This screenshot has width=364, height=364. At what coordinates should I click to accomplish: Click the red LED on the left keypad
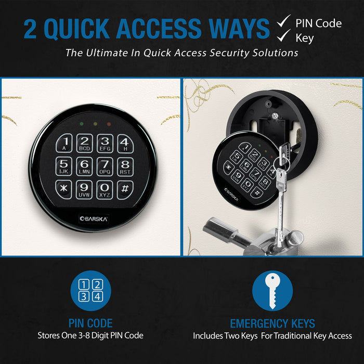pos(108,125)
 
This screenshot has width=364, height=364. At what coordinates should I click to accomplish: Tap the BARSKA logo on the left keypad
pos(95,218)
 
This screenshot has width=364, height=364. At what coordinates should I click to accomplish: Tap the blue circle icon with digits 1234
pos(90,291)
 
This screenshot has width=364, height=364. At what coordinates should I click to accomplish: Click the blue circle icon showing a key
pos(272,291)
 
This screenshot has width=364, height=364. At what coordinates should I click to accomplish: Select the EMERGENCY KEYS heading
pos(272,323)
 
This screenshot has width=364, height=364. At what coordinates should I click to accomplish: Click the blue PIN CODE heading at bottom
pos(90,323)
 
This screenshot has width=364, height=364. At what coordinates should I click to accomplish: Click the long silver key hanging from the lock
pos(280,208)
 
